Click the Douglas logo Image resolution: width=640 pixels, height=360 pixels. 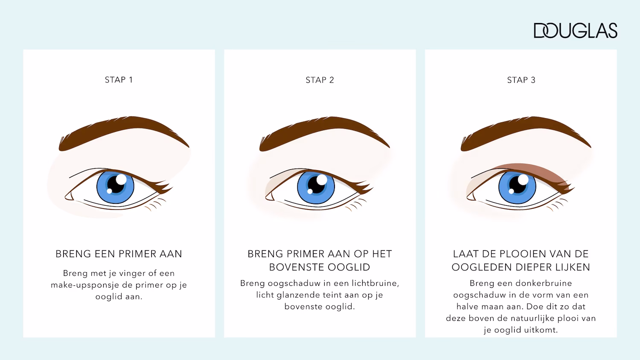575,31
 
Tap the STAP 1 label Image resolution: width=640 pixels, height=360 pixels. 119,80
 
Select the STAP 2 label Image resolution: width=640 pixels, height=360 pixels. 320,80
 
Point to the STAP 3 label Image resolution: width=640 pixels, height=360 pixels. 521,80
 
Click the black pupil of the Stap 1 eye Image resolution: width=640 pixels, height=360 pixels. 114,186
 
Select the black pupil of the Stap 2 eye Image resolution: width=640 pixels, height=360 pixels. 315,186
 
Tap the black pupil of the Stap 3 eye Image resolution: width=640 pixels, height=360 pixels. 517,186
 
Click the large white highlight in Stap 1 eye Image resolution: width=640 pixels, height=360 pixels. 121,179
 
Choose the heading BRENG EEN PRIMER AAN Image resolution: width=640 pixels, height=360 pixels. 119,254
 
